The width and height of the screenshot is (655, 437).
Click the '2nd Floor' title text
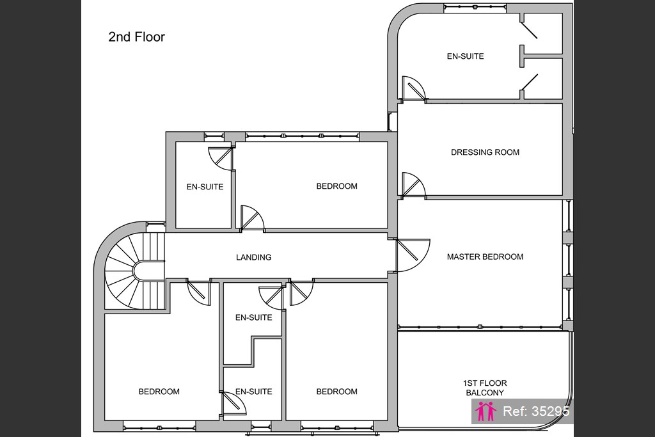point(137,36)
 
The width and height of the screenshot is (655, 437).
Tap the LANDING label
point(253,257)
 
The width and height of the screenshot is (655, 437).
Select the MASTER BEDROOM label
point(485,257)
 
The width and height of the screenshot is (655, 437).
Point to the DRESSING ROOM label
point(485,152)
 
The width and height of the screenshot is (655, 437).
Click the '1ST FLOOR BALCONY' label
point(485,388)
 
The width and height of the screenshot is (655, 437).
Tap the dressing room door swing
point(413,185)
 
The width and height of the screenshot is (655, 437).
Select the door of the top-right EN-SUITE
point(413,88)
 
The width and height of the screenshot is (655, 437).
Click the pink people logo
point(485,411)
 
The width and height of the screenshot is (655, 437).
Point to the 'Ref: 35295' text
point(536,411)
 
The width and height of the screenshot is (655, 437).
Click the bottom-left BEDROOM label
point(159,392)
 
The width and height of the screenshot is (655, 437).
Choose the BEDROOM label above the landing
point(336,186)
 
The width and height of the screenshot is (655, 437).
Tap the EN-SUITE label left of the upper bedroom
point(205,187)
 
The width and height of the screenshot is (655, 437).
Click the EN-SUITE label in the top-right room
point(466,56)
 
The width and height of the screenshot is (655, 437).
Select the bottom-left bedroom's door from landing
point(199,293)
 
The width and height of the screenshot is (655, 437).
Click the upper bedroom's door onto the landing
point(252,218)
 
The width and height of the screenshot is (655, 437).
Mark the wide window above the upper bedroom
point(302,136)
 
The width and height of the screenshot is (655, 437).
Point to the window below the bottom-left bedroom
point(159,428)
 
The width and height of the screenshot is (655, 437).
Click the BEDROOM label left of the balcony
point(336,392)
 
